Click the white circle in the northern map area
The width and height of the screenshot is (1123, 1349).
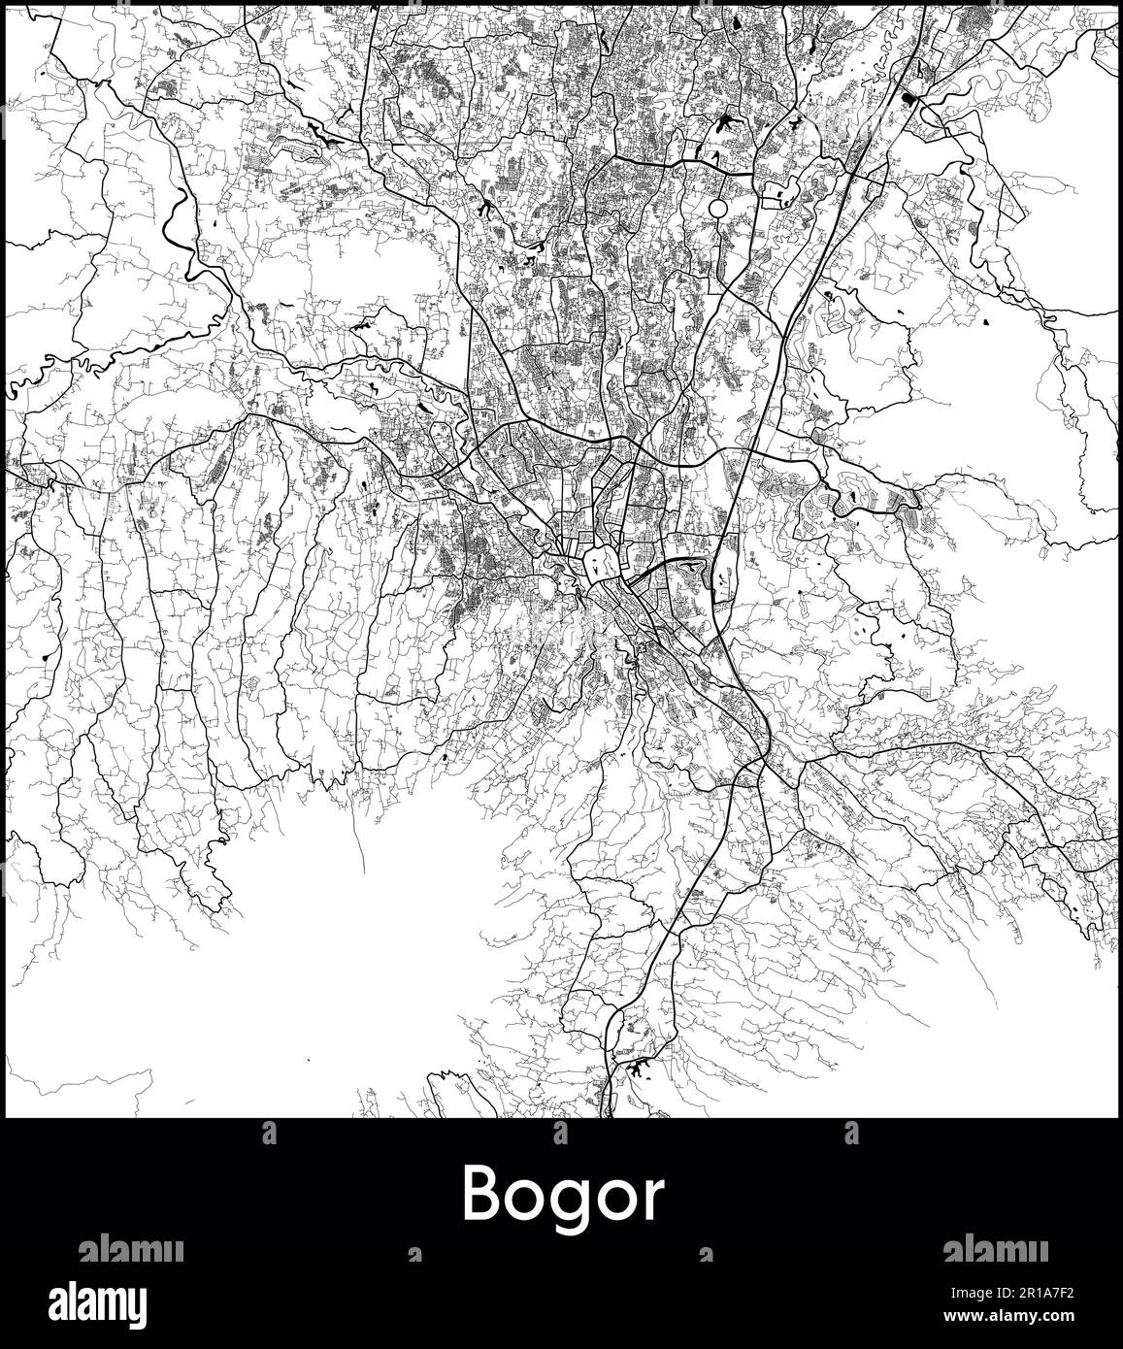[x=718, y=209]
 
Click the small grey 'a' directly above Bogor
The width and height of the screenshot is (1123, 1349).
[x=560, y=1133]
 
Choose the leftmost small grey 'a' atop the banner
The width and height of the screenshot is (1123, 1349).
[x=270, y=1133]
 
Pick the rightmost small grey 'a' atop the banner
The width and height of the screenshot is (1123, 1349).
[x=851, y=1133]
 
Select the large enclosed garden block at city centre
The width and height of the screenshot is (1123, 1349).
[x=597, y=562]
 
